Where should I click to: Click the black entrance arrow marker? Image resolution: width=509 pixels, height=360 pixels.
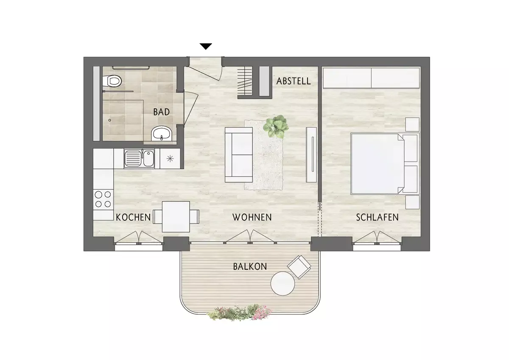tap(206, 46)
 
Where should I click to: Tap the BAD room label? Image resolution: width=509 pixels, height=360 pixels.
tap(161, 112)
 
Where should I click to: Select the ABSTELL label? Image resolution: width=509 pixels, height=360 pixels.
tap(294, 81)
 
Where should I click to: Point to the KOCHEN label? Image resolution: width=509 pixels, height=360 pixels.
tap(133, 218)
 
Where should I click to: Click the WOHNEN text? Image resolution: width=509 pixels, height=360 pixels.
tap(252, 218)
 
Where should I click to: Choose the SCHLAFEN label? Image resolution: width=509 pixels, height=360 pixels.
tap(377, 218)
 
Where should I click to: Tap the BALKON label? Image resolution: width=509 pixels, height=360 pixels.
tap(250, 266)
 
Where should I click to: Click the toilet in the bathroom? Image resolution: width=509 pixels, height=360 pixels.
tap(112, 81)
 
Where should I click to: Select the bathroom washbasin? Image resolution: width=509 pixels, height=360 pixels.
tap(162, 134)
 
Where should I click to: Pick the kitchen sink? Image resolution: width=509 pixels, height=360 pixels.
tap(139, 158)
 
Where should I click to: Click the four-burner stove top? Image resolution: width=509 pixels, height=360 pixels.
tap(103, 199)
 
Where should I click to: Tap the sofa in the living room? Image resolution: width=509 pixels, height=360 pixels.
tap(239, 155)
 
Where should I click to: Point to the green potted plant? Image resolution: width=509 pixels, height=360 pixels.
tap(276, 126)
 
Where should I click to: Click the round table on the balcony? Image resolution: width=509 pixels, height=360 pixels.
tap(282, 283)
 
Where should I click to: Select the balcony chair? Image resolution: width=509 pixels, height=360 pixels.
tap(299, 267)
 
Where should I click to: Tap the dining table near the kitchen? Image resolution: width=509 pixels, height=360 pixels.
tap(176, 217)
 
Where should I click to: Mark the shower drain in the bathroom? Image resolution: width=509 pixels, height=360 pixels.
tap(109, 120)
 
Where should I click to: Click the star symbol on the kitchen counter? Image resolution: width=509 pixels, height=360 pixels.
tap(170, 159)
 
